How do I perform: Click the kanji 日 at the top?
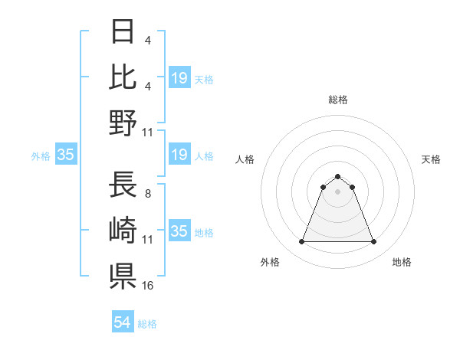(123, 31)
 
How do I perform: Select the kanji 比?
(123, 77)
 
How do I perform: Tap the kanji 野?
(123, 123)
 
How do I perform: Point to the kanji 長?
(123, 185)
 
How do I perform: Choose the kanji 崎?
(123, 230)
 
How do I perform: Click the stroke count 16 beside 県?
(148, 285)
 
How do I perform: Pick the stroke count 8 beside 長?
(147, 193)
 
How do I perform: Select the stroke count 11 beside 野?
(148, 132)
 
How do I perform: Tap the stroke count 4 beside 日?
(147, 39)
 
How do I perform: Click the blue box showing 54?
(123, 322)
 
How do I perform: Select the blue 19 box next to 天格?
(179, 77)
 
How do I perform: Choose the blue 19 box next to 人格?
(179, 155)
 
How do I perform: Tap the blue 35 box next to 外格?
(65, 155)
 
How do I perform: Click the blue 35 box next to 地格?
(179, 231)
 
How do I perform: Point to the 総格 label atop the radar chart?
(338, 100)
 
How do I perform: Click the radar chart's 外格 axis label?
(270, 262)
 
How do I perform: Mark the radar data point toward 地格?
(374, 242)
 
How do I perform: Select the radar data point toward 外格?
(301, 242)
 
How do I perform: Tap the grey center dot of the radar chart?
(338, 191)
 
